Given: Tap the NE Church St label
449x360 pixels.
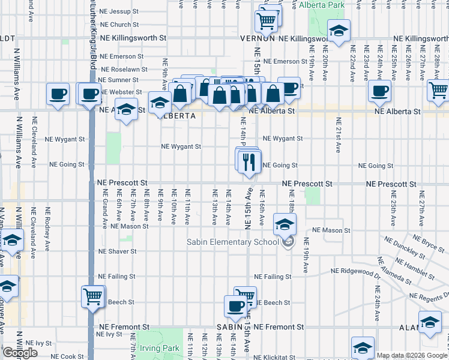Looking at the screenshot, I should coord(119,25).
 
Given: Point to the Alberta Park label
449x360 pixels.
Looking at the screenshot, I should coord(322,5).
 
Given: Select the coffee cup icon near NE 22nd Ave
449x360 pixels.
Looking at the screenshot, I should coord(379,92).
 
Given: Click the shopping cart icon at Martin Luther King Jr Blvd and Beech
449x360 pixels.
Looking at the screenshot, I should coord(93,296).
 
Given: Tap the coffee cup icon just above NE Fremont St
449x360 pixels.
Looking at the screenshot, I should coord(235,305).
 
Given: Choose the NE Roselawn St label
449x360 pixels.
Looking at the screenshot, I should coord(119,69).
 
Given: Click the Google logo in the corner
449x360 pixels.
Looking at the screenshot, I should coord(20,353).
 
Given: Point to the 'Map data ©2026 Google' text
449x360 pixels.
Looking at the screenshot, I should coord(411,355).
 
